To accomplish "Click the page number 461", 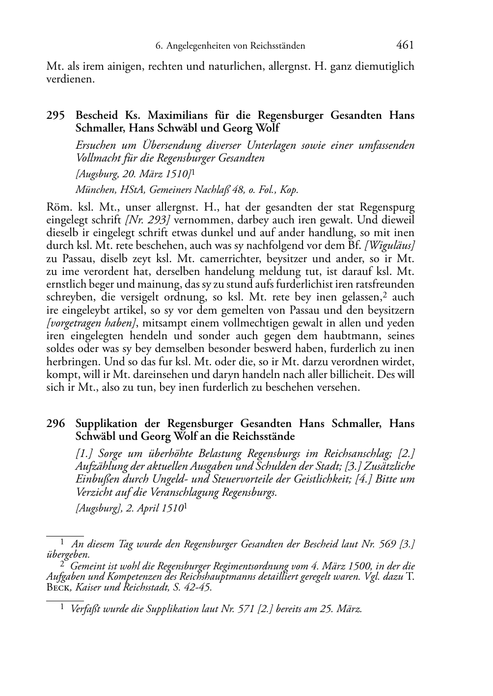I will (x=405, y=45).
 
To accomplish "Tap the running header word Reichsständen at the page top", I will (x=278, y=46).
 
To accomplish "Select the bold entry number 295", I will (x=55, y=116).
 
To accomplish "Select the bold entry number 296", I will (x=55, y=424).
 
